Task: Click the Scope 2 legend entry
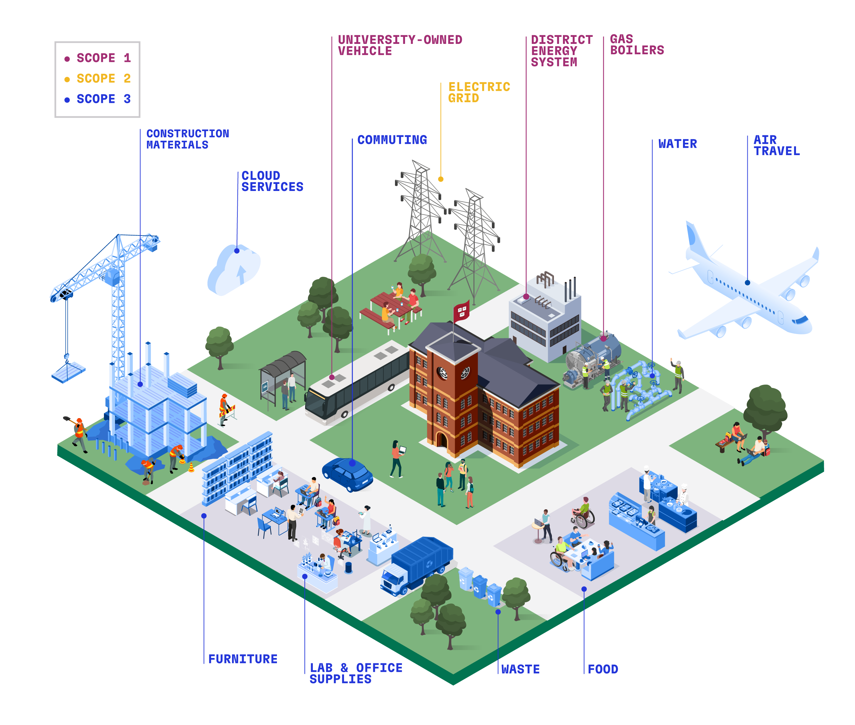(x=98, y=78)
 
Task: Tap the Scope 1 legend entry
(x=98, y=58)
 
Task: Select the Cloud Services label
(x=272, y=181)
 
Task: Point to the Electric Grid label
(x=479, y=92)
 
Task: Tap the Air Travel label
(x=776, y=145)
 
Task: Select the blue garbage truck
(x=416, y=566)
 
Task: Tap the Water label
(x=677, y=144)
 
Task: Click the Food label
(x=603, y=669)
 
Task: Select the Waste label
(x=520, y=669)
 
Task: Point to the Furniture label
(x=243, y=659)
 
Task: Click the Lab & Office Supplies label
(x=356, y=673)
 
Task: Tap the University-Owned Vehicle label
(x=400, y=45)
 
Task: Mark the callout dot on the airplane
(x=747, y=283)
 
